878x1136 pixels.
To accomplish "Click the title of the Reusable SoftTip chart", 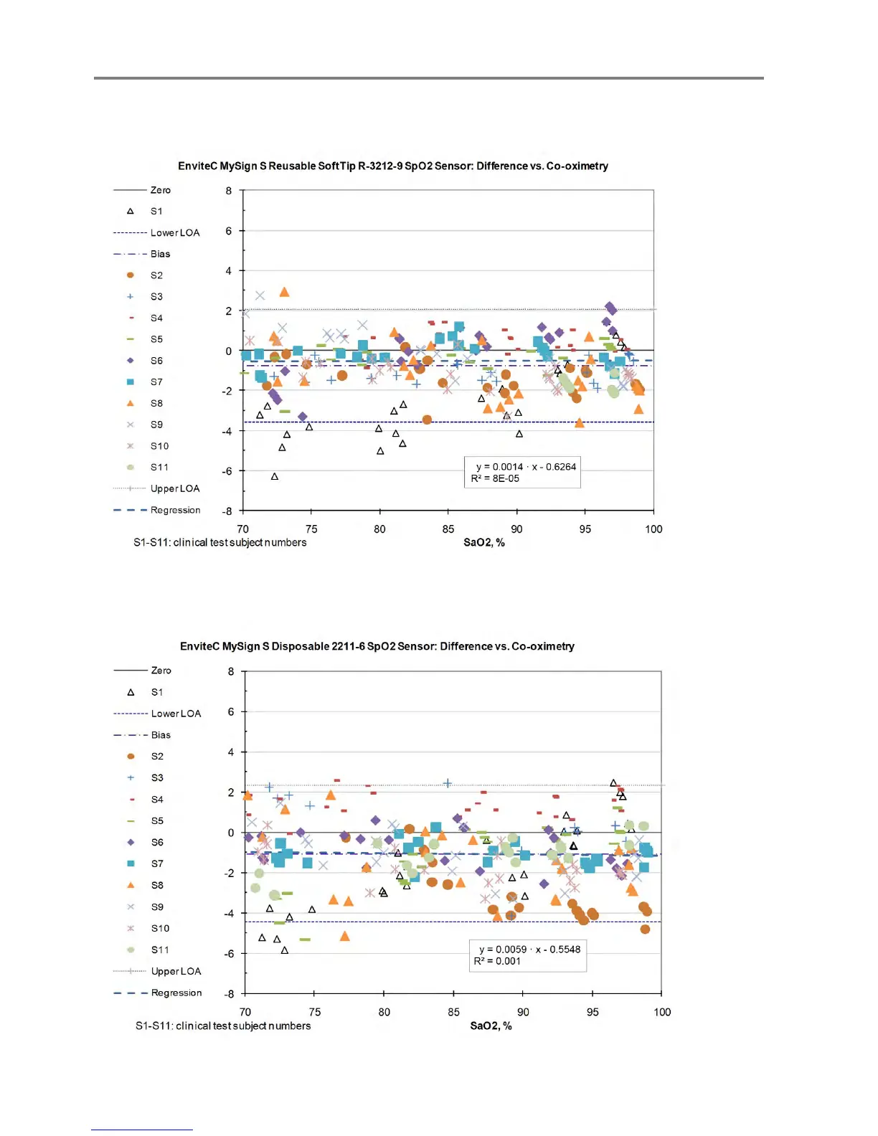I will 392,166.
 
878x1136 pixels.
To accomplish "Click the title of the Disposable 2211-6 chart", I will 377,647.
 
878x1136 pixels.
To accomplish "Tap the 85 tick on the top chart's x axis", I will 448,529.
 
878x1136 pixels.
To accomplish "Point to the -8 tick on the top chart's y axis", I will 229,511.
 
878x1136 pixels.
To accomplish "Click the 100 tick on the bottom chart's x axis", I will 661,1013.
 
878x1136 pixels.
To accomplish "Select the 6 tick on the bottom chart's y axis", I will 231,712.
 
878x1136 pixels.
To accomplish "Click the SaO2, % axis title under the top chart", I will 483,543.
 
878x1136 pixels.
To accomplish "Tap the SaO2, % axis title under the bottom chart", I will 491,1026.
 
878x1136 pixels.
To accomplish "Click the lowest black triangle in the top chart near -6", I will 275,477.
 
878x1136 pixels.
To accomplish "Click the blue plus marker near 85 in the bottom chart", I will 448,784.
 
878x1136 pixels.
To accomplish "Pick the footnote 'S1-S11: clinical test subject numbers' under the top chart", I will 219,543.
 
